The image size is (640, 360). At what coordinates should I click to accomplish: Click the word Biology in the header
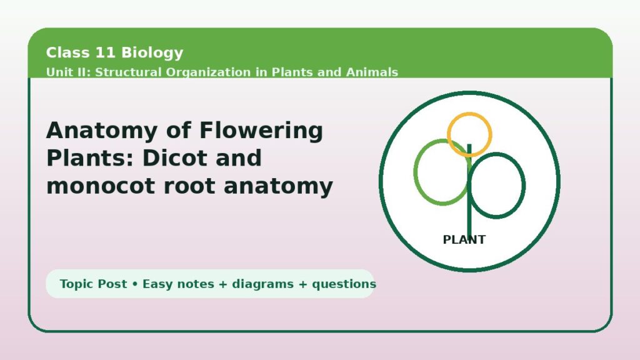(x=152, y=53)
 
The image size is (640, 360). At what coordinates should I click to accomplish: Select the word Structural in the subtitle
(x=128, y=72)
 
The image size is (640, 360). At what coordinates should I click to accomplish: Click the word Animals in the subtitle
(x=372, y=72)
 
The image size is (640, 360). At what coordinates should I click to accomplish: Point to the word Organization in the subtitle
(x=208, y=73)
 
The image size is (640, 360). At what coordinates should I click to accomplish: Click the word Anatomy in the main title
(x=102, y=131)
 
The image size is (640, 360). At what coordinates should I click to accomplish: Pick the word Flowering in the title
(x=261, y=131)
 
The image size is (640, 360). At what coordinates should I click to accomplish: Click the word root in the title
(x=189, y=186)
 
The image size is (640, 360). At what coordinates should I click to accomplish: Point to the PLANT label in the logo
(x=464, y=239)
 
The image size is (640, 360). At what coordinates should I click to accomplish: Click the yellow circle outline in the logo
(x=469, y=113)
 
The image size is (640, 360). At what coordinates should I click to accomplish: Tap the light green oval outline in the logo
(x=415, y=172)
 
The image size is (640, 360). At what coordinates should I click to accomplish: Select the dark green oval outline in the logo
(x=524, y=185)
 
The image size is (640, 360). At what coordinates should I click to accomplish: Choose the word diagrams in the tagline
(x=262, y=284)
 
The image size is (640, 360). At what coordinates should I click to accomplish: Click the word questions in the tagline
(x=344, y=284)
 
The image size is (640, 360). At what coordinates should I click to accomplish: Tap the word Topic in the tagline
(x=77, y=284)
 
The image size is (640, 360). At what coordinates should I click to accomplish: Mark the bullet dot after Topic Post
(x=135, y=284)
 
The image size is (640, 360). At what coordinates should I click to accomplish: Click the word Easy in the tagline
(x=157, y=284)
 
